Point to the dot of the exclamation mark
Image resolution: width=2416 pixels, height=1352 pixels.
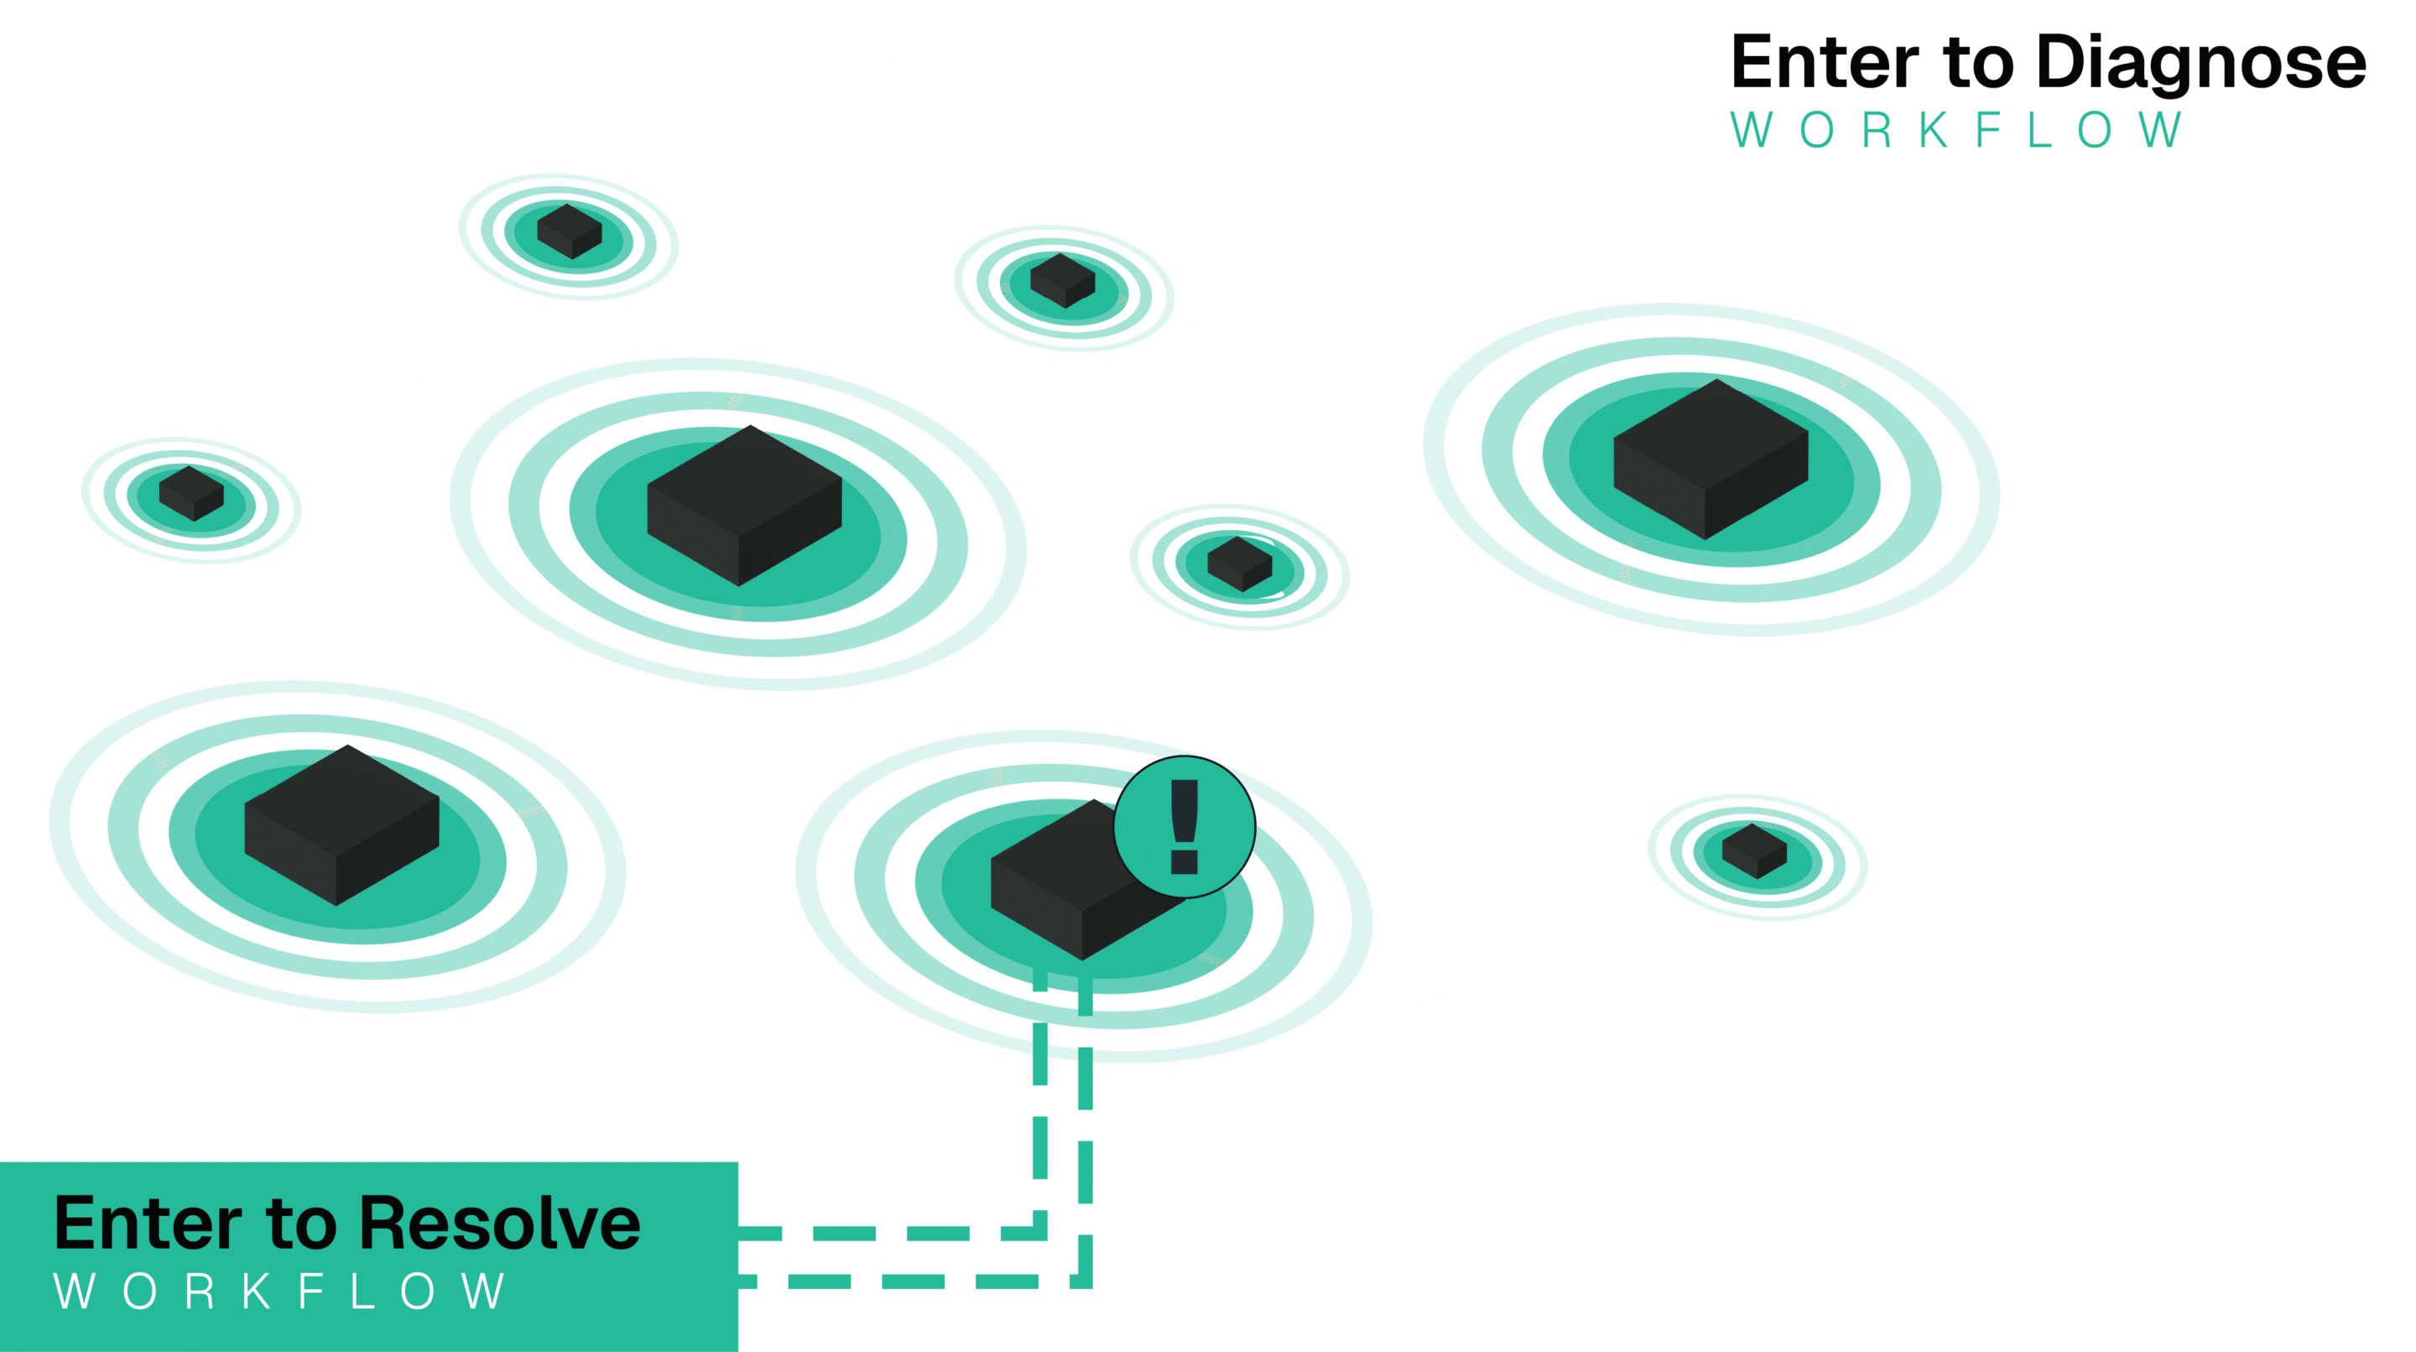(x=1184, y=861)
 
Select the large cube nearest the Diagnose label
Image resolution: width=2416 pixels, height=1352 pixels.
(x=1710, y=460)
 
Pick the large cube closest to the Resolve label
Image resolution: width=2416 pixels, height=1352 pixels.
(x=341, y=825)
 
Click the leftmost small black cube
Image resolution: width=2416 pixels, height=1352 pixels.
(x=191, y=493)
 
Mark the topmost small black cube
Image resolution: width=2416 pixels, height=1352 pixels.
(x=570, y=231)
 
